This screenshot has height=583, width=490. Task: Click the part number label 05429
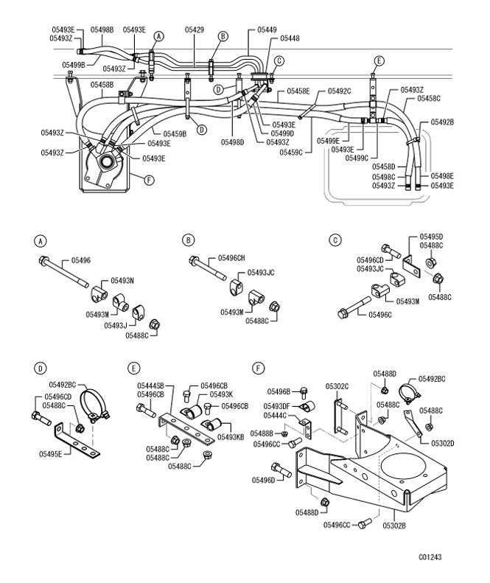point(195,30)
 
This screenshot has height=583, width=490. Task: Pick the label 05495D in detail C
point(431,237)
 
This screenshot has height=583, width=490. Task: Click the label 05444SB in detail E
point(150,385)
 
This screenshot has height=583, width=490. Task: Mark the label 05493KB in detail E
point(236,437)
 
